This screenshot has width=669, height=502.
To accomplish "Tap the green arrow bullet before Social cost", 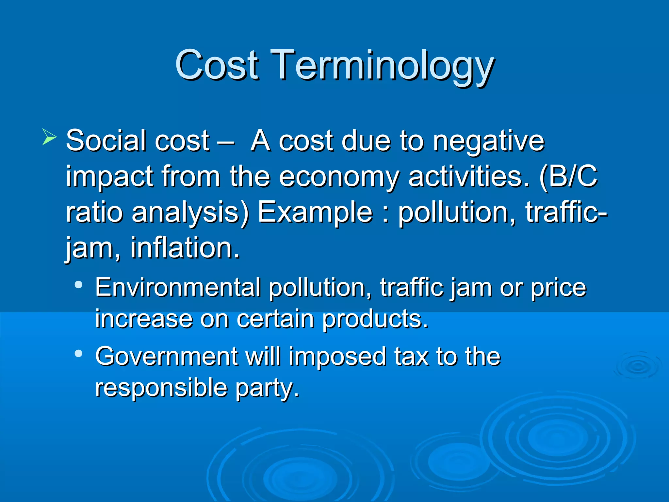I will coord(49,137).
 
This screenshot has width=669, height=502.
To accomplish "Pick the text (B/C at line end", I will coord(568,176).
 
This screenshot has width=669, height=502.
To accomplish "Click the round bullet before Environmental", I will coord(78,285).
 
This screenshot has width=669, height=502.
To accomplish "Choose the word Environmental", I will coord(178,288).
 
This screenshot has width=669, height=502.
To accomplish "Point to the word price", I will coord(558,288).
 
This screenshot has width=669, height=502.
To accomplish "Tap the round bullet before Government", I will coord(78,353).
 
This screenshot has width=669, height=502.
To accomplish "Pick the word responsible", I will coord(161,388).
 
